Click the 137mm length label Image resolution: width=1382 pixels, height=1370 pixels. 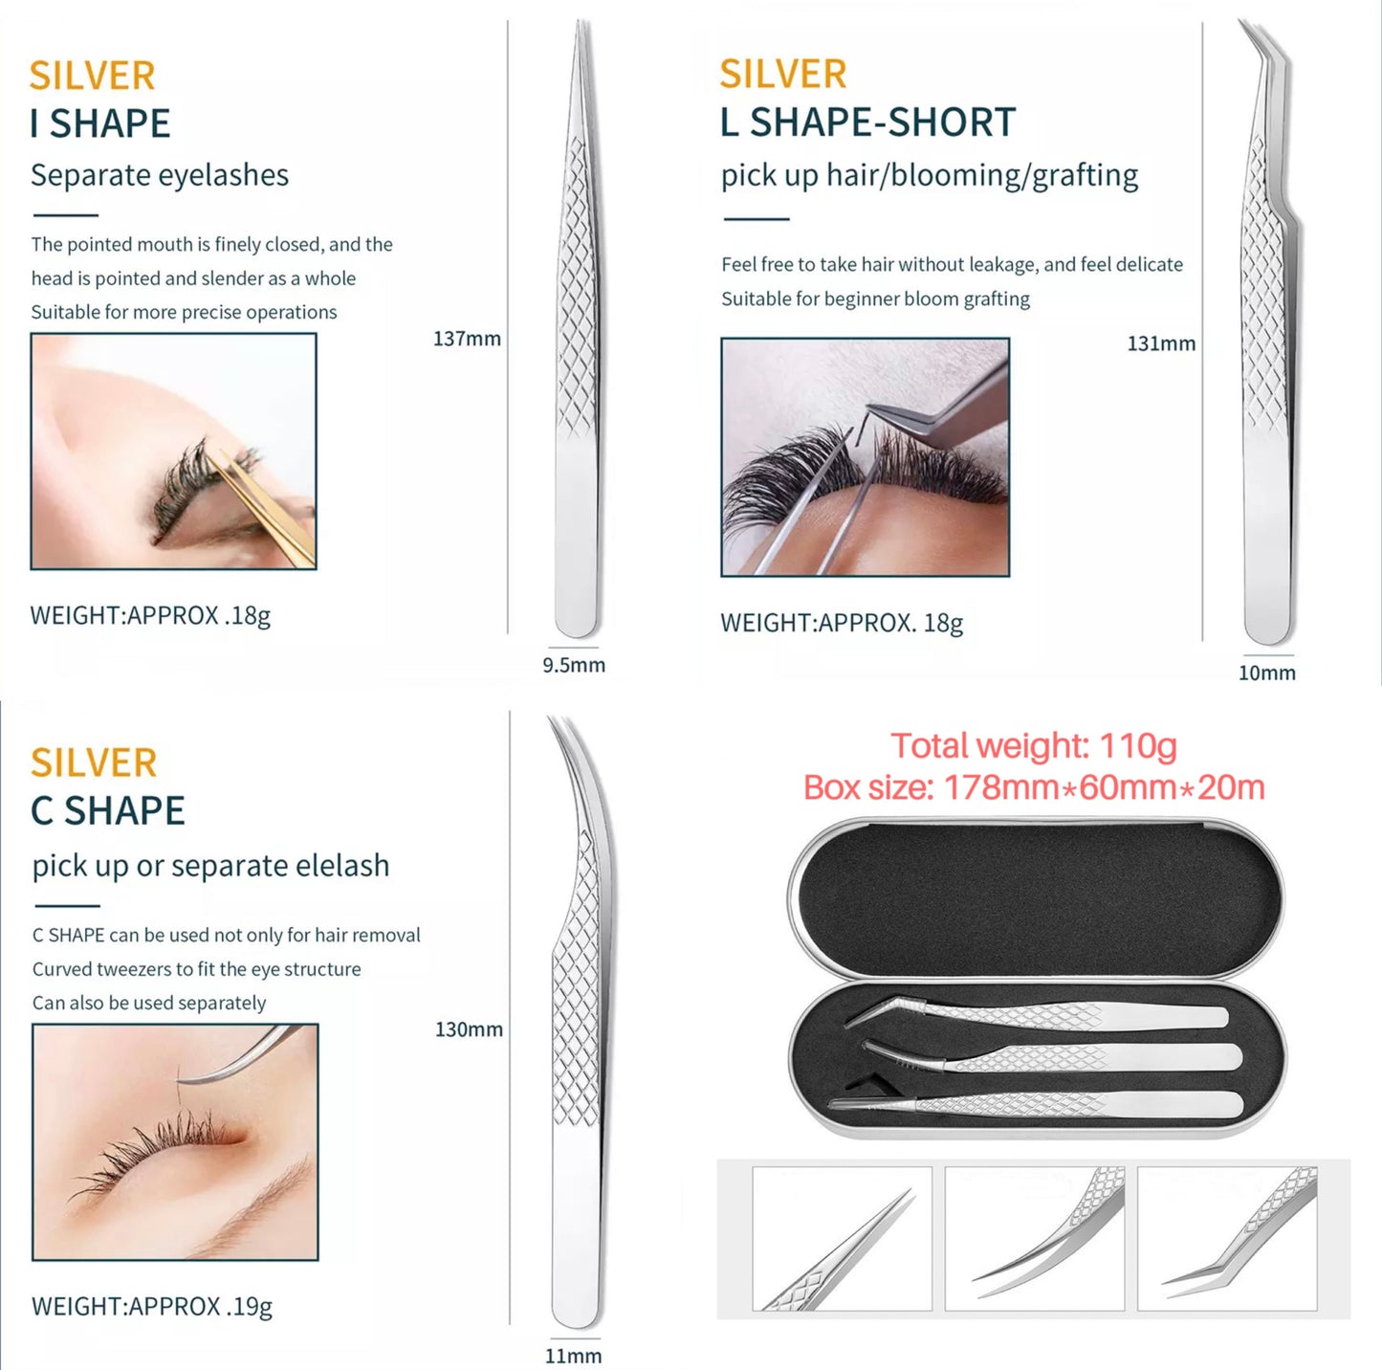(x=467, y=339)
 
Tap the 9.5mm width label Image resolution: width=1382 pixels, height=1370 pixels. (x=574, y=665)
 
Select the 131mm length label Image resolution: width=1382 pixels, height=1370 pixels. (x=1161, y=343)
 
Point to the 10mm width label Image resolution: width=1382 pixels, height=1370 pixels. (x=1266, y=673)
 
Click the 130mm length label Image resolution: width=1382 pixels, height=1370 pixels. (x=469, y=1029)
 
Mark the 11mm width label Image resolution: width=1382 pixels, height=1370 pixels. (x=573, y=1356)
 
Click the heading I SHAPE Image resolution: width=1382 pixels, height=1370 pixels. (x=100, y=123)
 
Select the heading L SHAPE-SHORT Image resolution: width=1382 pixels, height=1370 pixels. (x=867, y=122)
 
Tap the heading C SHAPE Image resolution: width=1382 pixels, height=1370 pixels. (x=108, y=811)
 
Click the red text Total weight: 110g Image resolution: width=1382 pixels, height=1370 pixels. (x=1034, y=745)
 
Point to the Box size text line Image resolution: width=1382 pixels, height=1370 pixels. (x=1034, y=787)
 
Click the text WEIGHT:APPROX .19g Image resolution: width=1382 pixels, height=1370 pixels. (x=152, y=1307)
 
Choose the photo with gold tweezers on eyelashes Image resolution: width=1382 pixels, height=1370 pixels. (x=174, y=452)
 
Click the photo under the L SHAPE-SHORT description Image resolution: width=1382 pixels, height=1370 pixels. (x=865, y=457)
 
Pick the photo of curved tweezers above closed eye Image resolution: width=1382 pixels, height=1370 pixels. (x=175, y=1141)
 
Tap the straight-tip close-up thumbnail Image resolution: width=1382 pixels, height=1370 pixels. (x=842, y=1238)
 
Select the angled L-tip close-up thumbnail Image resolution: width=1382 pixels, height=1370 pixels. (x=1227, y=1238)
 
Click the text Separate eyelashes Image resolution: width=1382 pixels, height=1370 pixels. (x=160, y=175)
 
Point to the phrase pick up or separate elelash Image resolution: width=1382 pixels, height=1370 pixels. (x=211, y=866)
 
